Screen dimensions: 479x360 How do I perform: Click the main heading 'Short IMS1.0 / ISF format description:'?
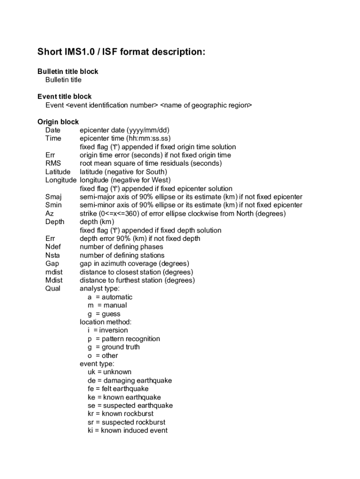121,52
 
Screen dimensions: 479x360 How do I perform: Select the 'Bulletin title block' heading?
68,72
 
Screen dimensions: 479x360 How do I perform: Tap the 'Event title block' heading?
65,97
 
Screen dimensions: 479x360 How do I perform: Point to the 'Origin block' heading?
58,122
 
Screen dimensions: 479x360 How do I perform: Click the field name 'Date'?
52,130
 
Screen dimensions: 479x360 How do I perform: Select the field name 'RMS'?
53,163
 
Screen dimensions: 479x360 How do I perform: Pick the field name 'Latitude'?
58,172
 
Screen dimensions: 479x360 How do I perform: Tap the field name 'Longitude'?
61,180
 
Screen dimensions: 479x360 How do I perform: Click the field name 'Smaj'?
53,197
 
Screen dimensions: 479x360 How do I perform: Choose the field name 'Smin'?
53,205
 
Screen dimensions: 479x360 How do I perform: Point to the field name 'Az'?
50,213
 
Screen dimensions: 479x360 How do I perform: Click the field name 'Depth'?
55,222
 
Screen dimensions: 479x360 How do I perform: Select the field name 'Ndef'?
53,247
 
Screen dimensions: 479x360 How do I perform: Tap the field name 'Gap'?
52,264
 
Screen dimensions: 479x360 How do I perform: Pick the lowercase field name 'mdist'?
54,272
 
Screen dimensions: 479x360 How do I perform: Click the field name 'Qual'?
53,289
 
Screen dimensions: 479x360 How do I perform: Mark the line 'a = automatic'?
110,297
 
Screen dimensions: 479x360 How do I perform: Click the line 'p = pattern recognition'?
123,339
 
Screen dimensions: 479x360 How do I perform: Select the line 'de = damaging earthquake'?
130,380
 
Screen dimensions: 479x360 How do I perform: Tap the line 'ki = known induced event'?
127,430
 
